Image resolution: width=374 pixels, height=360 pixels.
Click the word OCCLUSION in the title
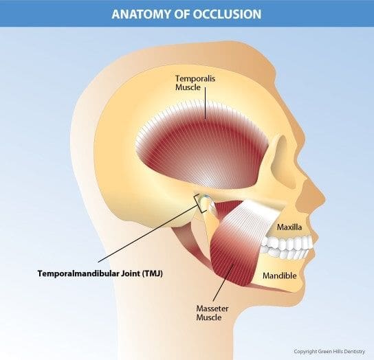pyautogui.click(x=228, y=14)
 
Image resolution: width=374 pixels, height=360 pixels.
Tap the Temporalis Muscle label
pyautogui.click(x=195, y=82)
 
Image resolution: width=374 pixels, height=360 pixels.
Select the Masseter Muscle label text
pyautogui.click(x=212, y=313)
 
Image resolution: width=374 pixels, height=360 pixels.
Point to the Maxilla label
pyautogui.click(x=289, y=227)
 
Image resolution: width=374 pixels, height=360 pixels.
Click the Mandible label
pyautogui.click(x=280, y=275)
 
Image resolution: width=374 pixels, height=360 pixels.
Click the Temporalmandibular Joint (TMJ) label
pyautogui.click(x=100, y=273)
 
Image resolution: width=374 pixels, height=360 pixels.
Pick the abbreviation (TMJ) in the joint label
pyautogui.click(x=153, y=273)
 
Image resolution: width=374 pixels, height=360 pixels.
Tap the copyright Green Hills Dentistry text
pyautogui.click(x=329, y=352)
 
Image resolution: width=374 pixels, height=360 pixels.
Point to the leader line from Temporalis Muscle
pyautogui.click(x=205, y=103)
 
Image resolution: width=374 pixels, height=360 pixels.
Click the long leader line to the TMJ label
pyautogui.click(x=148, y=233)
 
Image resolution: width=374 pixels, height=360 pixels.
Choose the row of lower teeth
pyautogui.click(x=286, y=254)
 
